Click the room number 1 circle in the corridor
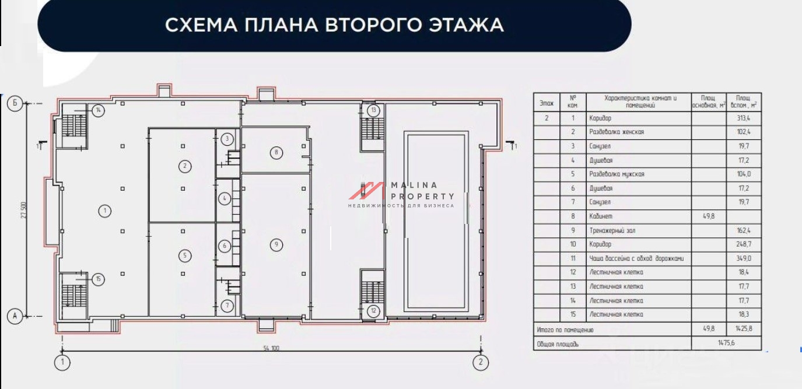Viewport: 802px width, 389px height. [x=104, y=211]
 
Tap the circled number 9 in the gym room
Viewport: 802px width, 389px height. [x=276, y=245]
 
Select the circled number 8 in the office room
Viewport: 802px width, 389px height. [x=276, y=153]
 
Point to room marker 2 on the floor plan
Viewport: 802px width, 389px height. [x=185, y=166]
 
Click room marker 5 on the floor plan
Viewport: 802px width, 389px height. [x=185, y=255]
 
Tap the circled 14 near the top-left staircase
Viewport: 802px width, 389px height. [x=99, y=110]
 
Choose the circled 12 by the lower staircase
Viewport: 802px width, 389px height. [x=373, y=311]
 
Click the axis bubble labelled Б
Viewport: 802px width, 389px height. [x=15, y=104]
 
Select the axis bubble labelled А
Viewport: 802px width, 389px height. [x=15, y=316]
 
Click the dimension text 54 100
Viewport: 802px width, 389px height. [x=272, y=348]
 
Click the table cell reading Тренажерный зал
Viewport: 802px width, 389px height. [x=612, y=230]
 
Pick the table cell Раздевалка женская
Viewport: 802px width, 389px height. [x=616, y=132]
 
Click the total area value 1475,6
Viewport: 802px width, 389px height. [x=726, y=344]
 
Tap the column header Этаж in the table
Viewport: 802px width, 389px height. [x=547, y=103]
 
